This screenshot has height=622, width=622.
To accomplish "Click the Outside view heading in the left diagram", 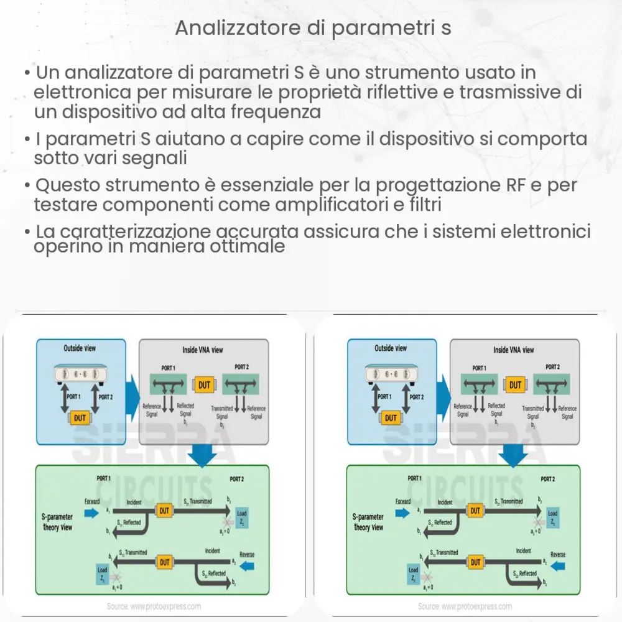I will (x=80, y=348).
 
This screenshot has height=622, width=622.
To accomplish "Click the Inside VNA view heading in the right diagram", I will (x=514, y=350).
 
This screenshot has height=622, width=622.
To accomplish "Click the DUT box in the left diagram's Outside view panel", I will (x=80, y=418).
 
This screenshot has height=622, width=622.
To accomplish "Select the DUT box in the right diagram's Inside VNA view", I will (x=515, y=385).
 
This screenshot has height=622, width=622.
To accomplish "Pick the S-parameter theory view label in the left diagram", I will (x=57, y=522).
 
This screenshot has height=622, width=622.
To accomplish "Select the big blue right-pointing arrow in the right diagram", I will (x=443, y=392).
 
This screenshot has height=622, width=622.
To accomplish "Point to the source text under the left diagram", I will (x=154, y=606).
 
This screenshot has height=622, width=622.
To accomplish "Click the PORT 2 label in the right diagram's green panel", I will (x=547, y=479).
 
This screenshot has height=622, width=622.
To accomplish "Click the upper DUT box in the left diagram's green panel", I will (x=164, y=511).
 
